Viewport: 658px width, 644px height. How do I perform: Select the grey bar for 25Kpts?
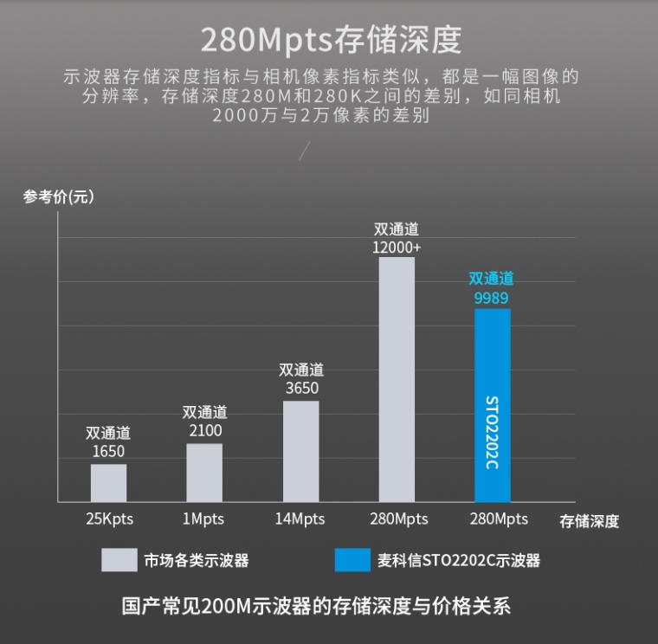click(108, 483)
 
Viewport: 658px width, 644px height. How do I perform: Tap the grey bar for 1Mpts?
click(204, 473)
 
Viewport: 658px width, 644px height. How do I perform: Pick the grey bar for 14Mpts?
click(300, 451)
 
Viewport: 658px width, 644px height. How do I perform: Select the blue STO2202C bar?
click(493, 364)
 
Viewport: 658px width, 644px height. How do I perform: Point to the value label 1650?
click(108, 451)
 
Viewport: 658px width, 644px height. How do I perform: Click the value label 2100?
click(205, 430)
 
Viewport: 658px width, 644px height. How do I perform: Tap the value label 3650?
click(301, 388)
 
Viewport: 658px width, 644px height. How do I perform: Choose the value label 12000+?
click(397, 247)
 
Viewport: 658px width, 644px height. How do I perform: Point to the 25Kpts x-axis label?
click(109, 519)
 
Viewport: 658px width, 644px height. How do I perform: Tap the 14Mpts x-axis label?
click(300, 519)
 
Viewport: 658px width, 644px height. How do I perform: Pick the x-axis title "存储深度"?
click(589, 521)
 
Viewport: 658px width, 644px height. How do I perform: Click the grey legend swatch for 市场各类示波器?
click(119, 560)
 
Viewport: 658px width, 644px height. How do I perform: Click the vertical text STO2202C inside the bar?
click(492, 433)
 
